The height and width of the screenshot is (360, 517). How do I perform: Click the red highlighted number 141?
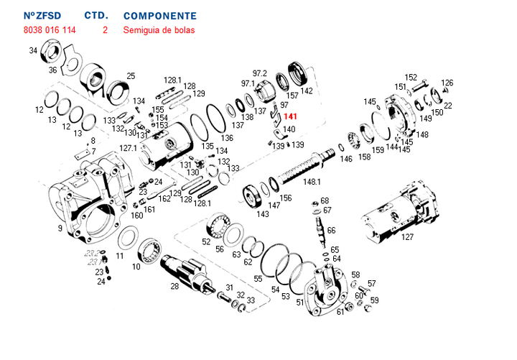290,116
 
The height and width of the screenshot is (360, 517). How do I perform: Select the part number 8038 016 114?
50,30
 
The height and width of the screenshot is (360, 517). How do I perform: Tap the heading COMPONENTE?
159,15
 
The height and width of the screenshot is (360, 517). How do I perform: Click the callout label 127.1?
128,148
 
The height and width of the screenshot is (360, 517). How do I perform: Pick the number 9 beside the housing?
60,229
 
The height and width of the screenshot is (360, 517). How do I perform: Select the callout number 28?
174,286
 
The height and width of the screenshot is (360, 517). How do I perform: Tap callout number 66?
331,230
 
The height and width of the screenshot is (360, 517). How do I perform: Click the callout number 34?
33,51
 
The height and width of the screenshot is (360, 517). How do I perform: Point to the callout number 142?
307,91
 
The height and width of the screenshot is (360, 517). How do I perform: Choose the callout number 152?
411,78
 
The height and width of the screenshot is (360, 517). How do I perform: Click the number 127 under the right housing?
407,237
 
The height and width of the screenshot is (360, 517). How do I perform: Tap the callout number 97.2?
259,73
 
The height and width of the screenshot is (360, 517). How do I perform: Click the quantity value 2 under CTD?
106,30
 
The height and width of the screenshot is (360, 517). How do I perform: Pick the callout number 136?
227,138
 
